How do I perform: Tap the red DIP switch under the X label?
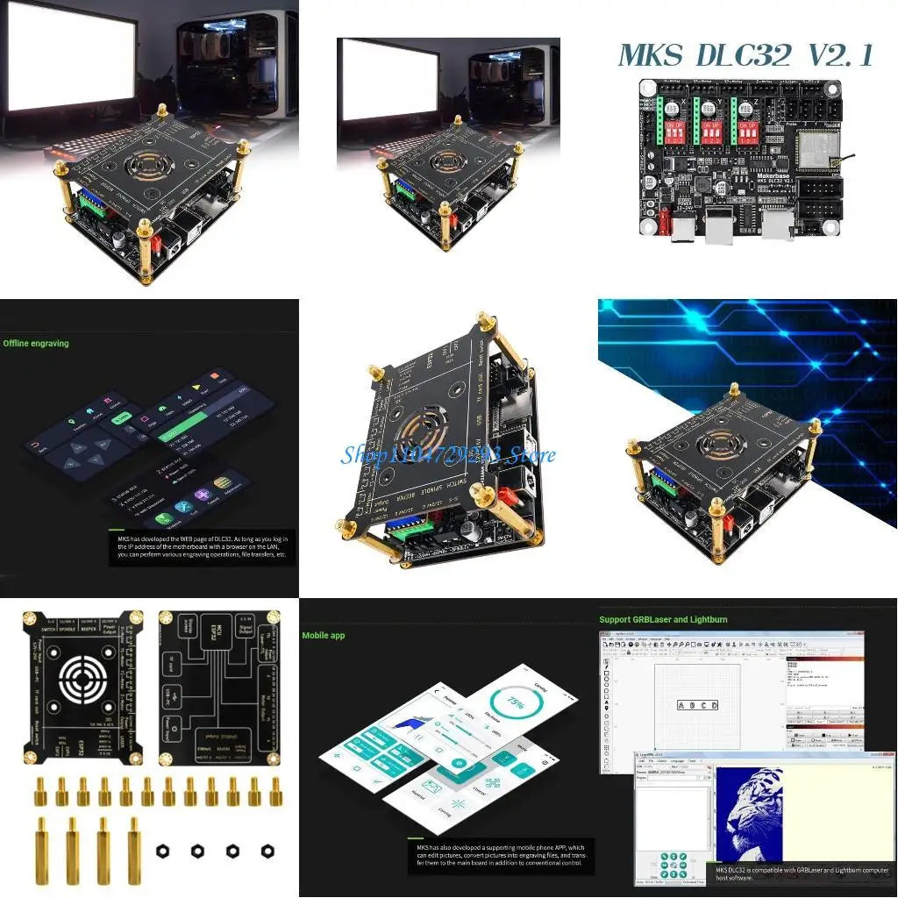pos(676,132)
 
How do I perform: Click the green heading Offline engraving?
pos(35,343)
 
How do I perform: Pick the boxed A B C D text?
pos(698,705)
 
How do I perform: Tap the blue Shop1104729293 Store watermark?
pos(448,455)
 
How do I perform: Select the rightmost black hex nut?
pos(267,850)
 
